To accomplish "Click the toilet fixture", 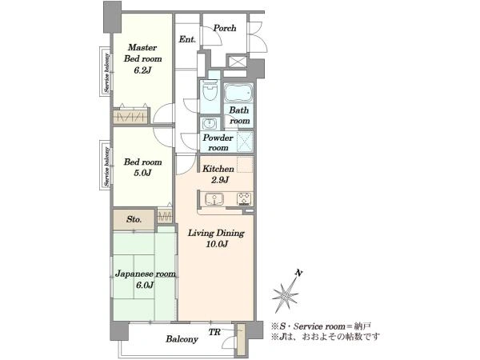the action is (x=210, y=92).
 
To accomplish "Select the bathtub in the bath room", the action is (x=238, y=93).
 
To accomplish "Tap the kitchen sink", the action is (x=214, y=198).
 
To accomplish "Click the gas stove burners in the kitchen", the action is (x=244, y=198).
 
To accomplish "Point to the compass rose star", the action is (x=285, y=294).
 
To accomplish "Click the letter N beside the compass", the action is (x=298, y=273).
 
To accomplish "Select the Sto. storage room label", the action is (x=134, y=219).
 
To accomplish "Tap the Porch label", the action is (x=225, y=28).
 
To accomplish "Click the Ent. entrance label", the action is (x=187, y=39).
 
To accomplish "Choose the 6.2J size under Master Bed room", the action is (x=142, y=70).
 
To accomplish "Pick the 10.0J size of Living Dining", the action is (x=216, y=244).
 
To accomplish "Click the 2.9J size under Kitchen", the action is (x=219, y=180).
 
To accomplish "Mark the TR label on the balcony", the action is (x=214, y=332).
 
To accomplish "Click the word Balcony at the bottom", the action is (x=182, y=339).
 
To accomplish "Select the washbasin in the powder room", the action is (x=210, y=123).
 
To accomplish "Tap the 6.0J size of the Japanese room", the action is (x=145, y=286).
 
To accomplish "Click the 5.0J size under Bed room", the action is (x=142, y=173).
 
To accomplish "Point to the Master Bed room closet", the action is (x=130, y=116).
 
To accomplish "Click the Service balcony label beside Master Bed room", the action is (x=106, y=73).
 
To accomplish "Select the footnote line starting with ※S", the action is (x=321, y=326).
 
